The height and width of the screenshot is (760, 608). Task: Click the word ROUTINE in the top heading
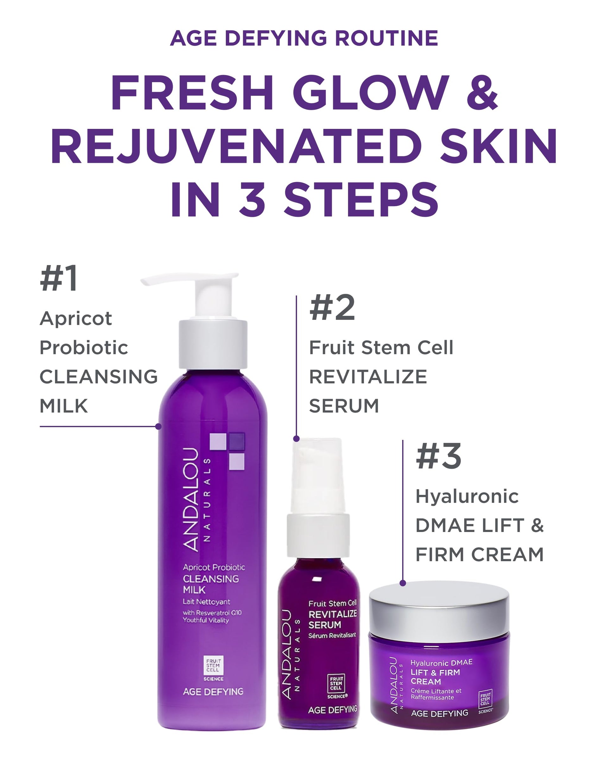(x=387, y=38)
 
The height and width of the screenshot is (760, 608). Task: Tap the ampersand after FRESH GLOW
(x=482, y=92)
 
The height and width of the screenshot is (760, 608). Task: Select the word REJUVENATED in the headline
(x=236, y=146)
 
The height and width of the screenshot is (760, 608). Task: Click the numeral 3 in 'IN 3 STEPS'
(x=252, y=199)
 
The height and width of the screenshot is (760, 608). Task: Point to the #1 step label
(x=59, y=278)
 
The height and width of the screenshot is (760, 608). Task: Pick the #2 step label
(x=332, y=308)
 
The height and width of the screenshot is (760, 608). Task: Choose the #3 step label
(x=439, y=456)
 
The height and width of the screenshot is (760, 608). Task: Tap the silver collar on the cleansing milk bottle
(x=213, y=344)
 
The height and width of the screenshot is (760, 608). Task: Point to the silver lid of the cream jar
(x=439, y=613)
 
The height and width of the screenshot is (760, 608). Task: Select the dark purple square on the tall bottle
(x=237, y=442)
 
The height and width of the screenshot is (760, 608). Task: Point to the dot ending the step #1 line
(x=159, y=427)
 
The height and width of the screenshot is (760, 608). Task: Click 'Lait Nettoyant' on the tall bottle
(x=206, y=602)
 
